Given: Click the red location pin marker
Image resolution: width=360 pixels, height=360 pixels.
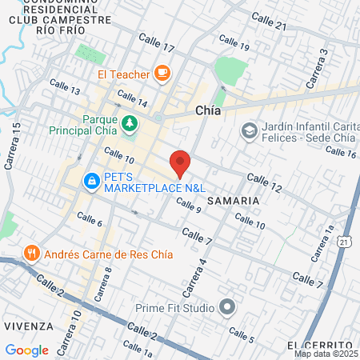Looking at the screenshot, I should tap(180, 163).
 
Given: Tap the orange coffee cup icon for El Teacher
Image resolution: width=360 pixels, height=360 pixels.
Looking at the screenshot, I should tap(162, 74).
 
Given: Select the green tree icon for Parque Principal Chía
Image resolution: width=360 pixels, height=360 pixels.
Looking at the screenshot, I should tap(130, 123).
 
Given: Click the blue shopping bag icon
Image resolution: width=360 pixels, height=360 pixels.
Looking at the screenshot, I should tap(93, 182).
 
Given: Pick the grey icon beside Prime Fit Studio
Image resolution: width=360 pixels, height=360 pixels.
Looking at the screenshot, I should tap(228, 307).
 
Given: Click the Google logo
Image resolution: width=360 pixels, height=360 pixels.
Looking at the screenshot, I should tap(26, 350).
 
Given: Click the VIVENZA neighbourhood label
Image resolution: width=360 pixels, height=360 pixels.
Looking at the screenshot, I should tap(27, 326).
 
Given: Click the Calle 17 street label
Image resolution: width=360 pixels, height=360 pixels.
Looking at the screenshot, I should tap(156, 42).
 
